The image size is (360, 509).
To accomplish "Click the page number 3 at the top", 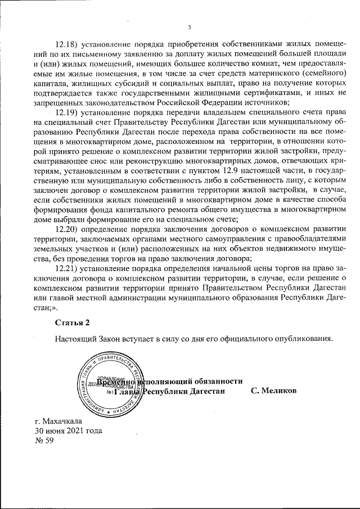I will click(x=190, y=26).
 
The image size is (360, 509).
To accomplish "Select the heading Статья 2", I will click(x=72, y=322).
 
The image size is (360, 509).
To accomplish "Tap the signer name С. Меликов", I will click(x=273, y=391).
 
